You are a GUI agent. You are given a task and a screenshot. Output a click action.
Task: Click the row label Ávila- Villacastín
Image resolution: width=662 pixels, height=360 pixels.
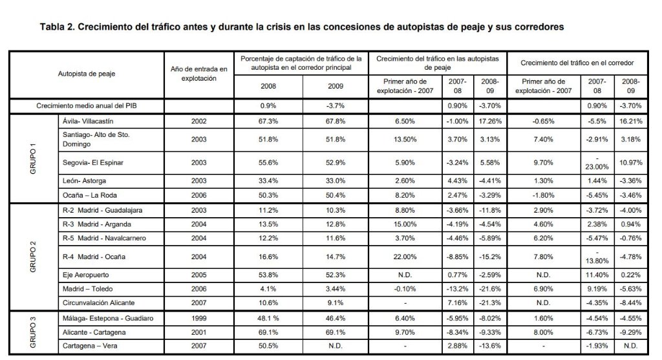pyautogui.click(x=88, y=121)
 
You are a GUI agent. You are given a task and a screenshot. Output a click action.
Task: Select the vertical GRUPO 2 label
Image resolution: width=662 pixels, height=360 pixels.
pyautogui.click(x=33, y=257)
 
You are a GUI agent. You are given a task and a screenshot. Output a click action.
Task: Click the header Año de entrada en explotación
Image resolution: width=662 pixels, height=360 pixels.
pyautogui.click(x=199, y=74)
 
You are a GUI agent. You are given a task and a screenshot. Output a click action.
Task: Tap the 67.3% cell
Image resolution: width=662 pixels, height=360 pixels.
pyautogui.click(x=268, y=121)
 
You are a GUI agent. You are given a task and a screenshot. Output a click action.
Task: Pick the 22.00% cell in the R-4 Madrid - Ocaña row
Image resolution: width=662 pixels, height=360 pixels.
pyautogui.click(x=405, y=257)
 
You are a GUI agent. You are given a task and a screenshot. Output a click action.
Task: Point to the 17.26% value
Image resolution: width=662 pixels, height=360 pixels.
pyautogui.click(x=490, y=121)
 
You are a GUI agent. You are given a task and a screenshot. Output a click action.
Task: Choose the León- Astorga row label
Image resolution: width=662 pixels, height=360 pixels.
pyautogui.click(x=84, y=180)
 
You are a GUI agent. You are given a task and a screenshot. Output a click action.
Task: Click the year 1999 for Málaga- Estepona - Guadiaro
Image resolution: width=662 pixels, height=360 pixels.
pyautogui.click(x=199, y=318)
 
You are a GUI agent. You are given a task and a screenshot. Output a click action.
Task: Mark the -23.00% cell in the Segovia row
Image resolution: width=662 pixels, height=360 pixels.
pyautogui.click(x=597, y=163)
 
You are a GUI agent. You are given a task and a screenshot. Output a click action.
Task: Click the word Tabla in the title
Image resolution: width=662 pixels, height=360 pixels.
pyautogui.click(x=54, y=27)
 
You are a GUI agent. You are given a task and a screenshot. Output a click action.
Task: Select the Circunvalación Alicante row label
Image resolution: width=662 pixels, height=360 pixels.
pyautogui.click(x=98, y=302)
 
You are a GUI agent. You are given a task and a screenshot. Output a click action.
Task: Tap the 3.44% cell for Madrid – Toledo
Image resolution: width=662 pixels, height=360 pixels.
pyautogui.click(x=336, y=289)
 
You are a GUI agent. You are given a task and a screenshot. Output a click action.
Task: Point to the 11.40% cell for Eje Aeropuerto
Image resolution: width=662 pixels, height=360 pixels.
pyautogui.click(x=597, y=275)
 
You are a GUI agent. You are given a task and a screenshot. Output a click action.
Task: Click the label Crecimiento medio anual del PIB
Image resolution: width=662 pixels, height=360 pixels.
pyautogui.click(x=86, y=105)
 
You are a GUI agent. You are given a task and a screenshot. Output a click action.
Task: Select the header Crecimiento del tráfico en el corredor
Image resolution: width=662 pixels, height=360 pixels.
pyautogui.click(x=577, y=63)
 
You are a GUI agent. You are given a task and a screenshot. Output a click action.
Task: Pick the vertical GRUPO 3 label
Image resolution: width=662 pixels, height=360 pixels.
pyautogui.click(x=33, y=333)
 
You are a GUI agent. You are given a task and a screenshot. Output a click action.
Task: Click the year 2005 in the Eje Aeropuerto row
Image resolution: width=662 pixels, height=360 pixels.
pyautogui.click(x=199, y=275)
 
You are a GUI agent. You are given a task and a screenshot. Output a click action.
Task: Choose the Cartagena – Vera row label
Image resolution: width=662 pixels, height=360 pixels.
pyautogui.click(x=90, y=346)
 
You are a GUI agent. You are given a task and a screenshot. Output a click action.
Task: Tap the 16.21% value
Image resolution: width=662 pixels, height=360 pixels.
pyautogui.click(x=631, y=121)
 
